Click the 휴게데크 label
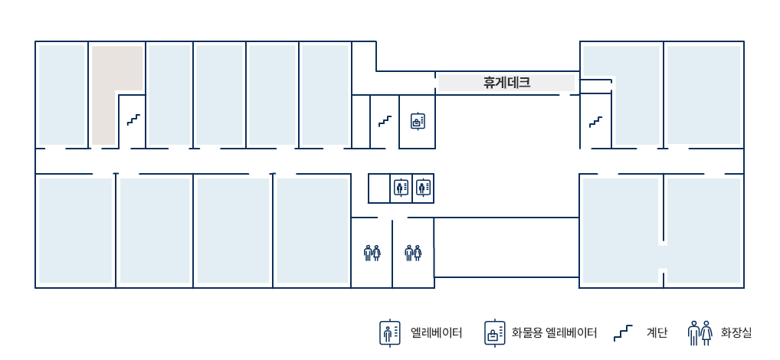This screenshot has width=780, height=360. [x=506, y=82]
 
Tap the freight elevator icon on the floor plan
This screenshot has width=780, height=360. [x=418, y=121]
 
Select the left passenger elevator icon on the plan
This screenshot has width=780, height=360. [x=401, y=188]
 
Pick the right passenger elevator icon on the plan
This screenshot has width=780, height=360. [x=423, y=188]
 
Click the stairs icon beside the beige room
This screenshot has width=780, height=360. [x=133, y=119]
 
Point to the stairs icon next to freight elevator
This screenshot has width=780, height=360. [x=385, y=121]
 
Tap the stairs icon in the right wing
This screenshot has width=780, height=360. [x=596, y=122]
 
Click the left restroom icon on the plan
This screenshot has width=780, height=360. [x=372, y=253]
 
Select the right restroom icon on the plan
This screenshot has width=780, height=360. [x=413, y=253]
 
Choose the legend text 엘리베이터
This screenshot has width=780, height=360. [x=437, y=332]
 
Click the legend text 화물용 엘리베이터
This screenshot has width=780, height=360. [x=554, y=332]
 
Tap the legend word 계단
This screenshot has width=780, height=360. [x=657, y=332]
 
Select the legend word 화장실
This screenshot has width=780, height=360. [x=736, y=332]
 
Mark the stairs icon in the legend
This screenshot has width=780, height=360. [x=623, y=333]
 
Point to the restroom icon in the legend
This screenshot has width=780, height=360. [x=700, y=332]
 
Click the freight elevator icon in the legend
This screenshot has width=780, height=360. [x=495, y=332]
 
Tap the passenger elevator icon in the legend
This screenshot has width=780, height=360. [x=390, y=332]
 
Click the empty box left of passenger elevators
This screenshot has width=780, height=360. [x=379, y=188]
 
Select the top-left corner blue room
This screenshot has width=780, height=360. [x=62, y=94]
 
